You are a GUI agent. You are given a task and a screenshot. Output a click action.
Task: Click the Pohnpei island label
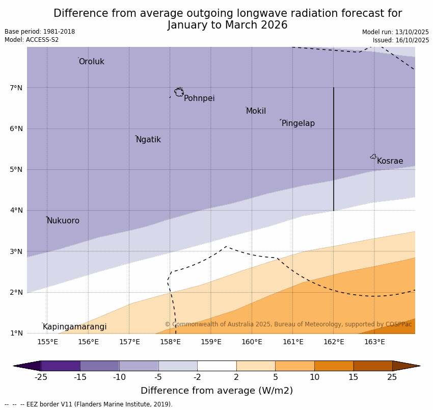pyautogui.click(x=199, y=98)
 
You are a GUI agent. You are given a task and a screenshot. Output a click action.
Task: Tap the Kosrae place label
pyautogui.click(x=390, y=161)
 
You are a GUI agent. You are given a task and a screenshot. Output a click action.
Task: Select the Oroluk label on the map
pyautogui.click(x=91, y=62)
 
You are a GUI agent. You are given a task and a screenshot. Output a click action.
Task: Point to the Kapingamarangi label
pyautogui.click(x=74, y=327)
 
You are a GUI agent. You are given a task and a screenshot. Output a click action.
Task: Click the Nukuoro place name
pyautogui.click(x=63, y=221)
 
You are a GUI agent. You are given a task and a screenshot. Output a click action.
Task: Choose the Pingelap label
pyautogui.click(x=298, y=123)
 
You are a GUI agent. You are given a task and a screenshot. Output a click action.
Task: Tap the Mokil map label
pyautogui.click(x=256, y=111)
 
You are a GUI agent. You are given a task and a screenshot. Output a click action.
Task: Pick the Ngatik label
pyautogui.click(x=148, y=140)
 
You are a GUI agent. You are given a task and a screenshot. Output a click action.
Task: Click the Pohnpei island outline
pyautogui.click(x=179, y=92)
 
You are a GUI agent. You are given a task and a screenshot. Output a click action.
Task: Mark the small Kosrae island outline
pyautogui.click(x=373, y=157)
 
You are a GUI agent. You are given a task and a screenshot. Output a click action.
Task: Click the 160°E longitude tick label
pyautogui.click(x=252, y=342)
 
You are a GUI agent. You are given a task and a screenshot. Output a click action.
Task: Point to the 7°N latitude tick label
pyautogui.click(x=16, y=88)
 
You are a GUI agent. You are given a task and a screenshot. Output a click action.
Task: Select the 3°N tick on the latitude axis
pyautogui.click(x=16, y=251)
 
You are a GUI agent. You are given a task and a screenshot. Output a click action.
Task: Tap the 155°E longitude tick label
pyautogui.click(x=47, y=342)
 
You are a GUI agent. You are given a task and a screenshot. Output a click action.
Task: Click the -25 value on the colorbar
pyautogui.click(x=41, y=377)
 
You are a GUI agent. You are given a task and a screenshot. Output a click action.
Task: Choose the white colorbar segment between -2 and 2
pyautogui.click(x=216, y=366)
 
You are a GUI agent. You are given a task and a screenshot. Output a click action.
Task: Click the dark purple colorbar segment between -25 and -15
pyautogui.click(x=60, y=366)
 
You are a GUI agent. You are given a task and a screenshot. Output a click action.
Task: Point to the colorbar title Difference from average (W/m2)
pyautogui.click(x=216, y=391)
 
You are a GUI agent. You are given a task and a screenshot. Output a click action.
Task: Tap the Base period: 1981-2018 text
pyautogui.click(x=40, y=32)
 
